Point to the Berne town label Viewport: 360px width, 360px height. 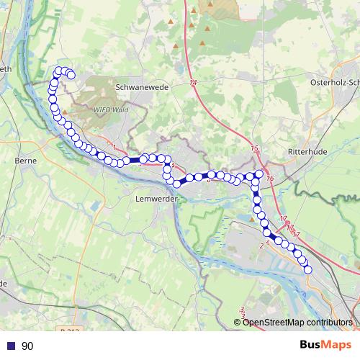click(x=25, y=160)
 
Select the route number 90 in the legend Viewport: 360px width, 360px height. click(x=27, y=346)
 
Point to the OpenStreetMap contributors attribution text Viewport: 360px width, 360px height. click(x=297, y=322)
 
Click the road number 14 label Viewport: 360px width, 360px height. click(x=193, y=84)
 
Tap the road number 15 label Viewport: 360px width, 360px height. click(x=254, y=148)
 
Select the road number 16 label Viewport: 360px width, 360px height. click(x=269, y=178)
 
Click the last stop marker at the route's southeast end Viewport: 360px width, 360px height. click(x=308, y=270)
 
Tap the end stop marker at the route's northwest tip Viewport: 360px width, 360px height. click(x=71, y=75)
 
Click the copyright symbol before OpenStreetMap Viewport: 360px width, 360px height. click(x=238, y=322)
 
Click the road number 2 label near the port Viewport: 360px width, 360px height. click(x=260, y=246)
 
